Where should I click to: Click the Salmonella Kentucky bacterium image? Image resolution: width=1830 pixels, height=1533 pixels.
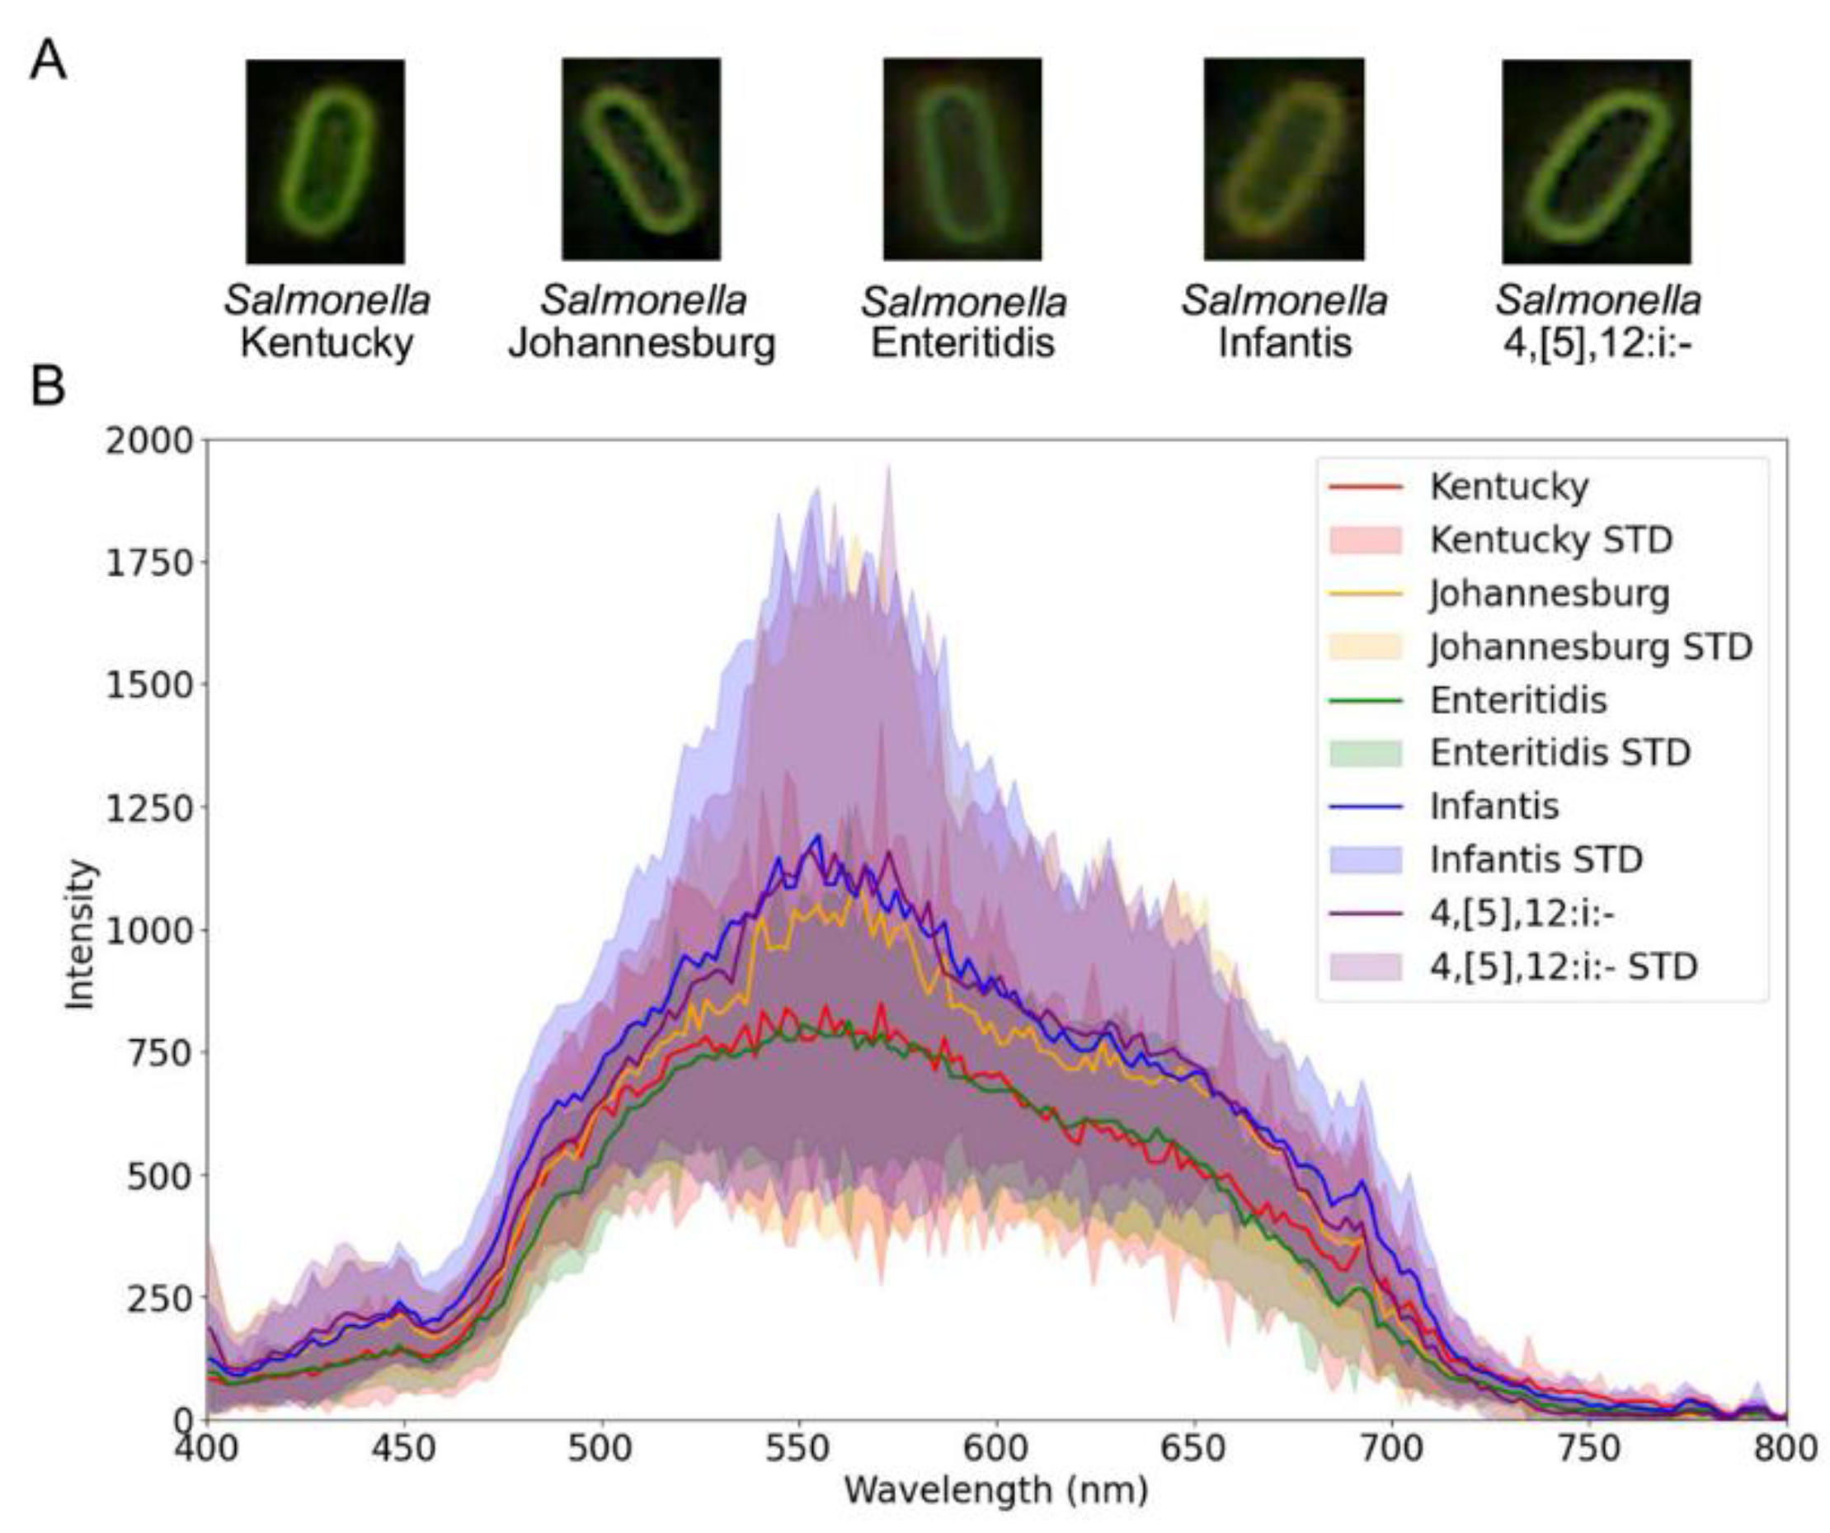click(x=325, y=162)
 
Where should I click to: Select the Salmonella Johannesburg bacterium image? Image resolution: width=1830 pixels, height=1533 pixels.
click(x=641, y=159)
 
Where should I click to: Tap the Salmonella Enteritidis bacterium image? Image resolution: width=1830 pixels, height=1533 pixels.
click(x=962, y=159)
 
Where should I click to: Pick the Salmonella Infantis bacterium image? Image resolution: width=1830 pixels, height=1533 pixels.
click(x=1283, y=159)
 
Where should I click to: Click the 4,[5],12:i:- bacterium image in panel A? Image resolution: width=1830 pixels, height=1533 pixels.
click(x=1596, y=162)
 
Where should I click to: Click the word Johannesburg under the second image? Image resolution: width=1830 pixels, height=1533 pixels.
click(x=642, y=342)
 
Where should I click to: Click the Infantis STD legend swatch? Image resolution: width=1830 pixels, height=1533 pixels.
click(x=1367, y=860)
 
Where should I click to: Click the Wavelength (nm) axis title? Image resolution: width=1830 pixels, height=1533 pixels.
click(x=995, y=1490)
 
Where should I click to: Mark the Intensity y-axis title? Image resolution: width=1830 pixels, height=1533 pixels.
click(x=80, y=933)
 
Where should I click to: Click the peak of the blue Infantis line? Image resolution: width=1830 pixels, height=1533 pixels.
click(x=816, y=836)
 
